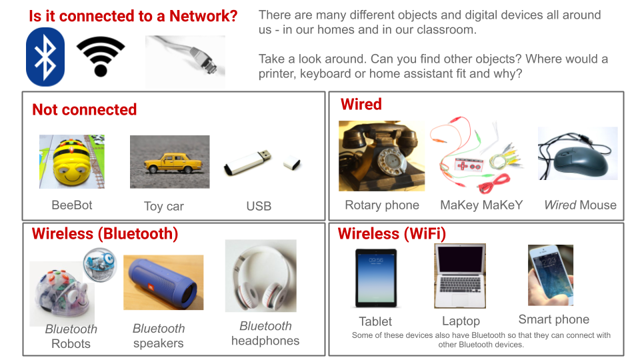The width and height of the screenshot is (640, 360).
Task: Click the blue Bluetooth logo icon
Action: (x=45, y=57)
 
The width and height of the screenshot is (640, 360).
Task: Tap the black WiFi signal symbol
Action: (x=101, y=57)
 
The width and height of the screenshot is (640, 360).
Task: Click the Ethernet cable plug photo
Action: (x=185, y=61)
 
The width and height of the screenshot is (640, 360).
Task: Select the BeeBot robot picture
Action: (x=72, y=161)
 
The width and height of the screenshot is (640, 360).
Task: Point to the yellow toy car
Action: (x=173, y=163)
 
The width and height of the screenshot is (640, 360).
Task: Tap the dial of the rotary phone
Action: (x=389, y=163)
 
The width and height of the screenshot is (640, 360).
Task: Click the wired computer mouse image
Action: (x=578, y=153)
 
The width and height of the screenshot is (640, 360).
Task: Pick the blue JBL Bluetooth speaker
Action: (x=163, y=282)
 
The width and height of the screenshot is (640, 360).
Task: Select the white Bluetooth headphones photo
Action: (x=261, y=276)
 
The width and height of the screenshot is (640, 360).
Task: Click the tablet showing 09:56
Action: (x=376, y=277)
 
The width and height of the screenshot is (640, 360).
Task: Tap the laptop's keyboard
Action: (x=460, y=284)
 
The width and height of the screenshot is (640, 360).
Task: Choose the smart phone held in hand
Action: (x=551, y=275)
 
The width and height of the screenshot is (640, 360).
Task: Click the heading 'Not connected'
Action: (x=85, y=110)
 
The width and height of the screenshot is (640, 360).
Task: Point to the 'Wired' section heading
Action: (x=361, y=104)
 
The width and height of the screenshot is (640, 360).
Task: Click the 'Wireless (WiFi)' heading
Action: (x=392, y=234)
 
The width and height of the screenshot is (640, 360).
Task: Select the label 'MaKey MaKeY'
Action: (x=481, y=205)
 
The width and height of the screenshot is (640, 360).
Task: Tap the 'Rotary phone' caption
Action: (x=382, y=205)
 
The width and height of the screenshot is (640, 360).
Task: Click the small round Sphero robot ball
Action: (x=100, y=265)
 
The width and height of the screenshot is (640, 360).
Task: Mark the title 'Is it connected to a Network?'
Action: (x=133, y=16)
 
